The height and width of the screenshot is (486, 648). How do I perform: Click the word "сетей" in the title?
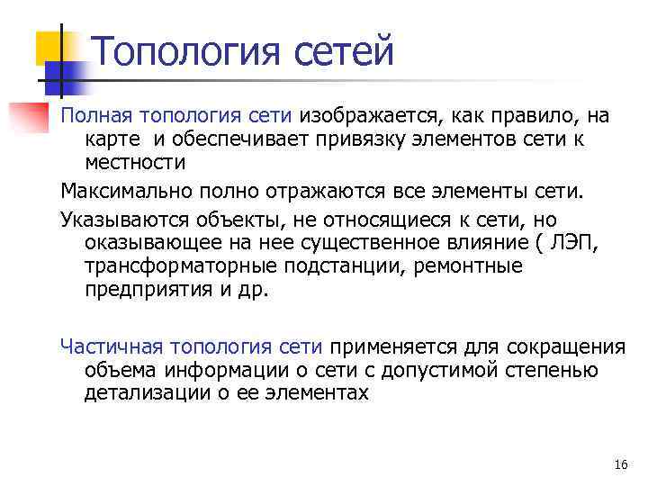(x=346, y=50)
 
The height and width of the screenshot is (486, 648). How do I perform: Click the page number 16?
(x=620, y=464)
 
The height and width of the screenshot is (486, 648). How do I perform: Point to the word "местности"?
(x=135, y=163)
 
